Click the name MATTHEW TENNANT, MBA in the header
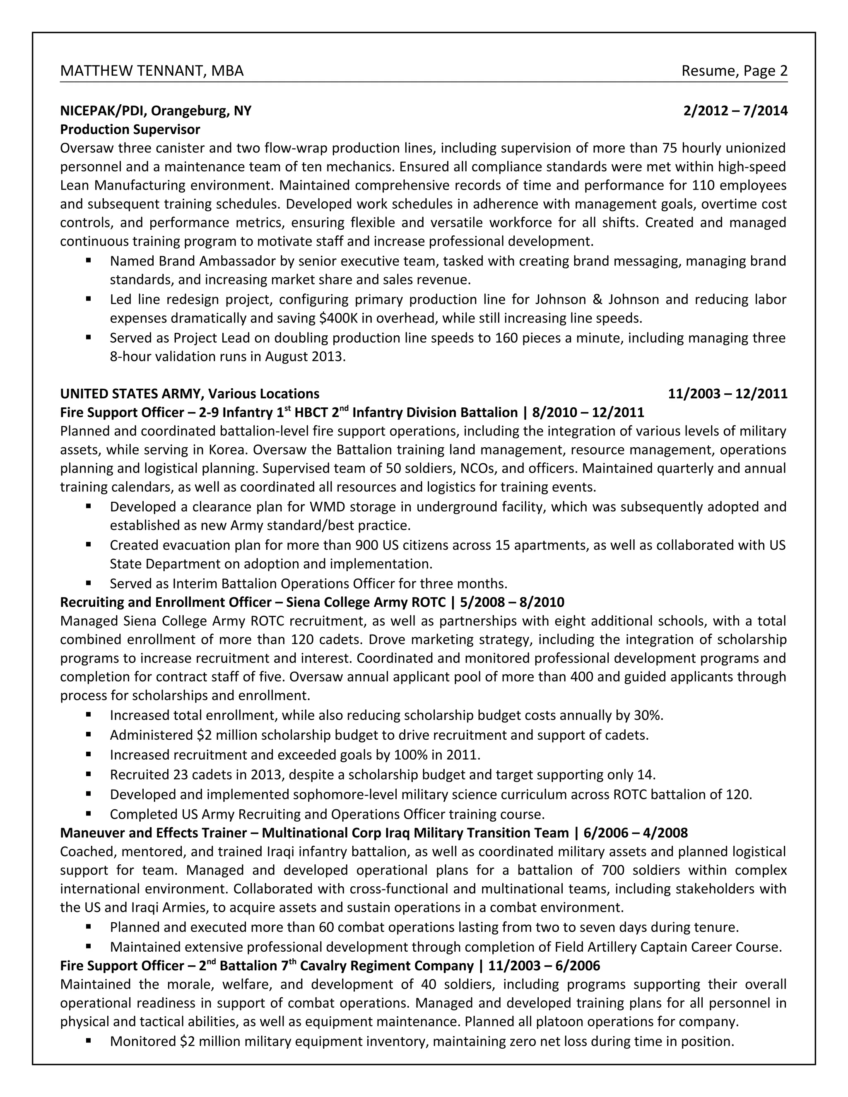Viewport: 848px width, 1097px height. click(152, 71)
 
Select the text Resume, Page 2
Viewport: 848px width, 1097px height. click(734, 71)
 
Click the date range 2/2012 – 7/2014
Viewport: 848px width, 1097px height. click(735, 111)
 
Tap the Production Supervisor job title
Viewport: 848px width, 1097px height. click(130, 130)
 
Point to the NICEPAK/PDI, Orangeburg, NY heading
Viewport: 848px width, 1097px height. click(156, 111)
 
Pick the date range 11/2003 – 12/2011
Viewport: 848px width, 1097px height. click(728, 393)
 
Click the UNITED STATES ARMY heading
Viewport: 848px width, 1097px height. click(132, 393)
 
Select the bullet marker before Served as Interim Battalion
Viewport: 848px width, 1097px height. click(89, 584)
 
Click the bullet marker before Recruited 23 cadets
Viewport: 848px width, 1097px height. click(89, 775)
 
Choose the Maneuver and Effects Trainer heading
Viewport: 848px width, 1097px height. click(153, 833)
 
